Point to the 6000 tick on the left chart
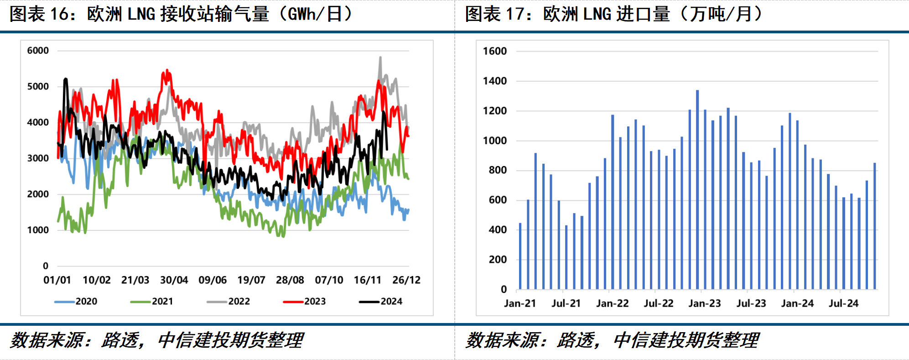pos(38,51)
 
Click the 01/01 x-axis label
pos(57,280)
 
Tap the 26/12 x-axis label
pos(406,280)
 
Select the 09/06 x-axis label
pos(213,280)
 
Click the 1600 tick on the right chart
pos(495,51)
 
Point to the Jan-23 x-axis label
pos(705,303)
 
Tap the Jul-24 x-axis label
pos(843,303)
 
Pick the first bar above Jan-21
pos(520,256)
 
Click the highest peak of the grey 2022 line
pos(380,58)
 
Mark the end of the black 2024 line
pos(387,149)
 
